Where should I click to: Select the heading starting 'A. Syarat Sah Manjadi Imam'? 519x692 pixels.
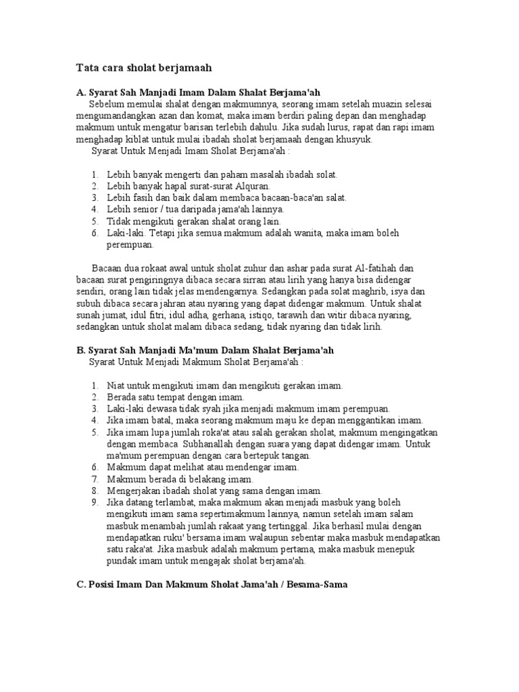(203, 92)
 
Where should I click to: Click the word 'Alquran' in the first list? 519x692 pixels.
(253, 186)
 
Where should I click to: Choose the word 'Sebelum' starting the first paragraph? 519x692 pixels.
(107, 104)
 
